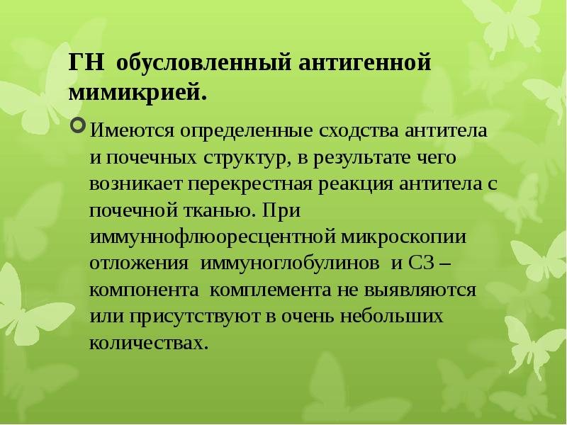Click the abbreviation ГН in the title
(86, 62)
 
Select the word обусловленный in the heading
(204, 62)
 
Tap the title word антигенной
(365, 62)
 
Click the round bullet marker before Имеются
(79, 125)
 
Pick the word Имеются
(132, 130)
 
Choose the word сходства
(359, 131)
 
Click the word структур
(247, 157)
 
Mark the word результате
(361, 158)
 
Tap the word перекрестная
(250, 184)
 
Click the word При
(281, 210)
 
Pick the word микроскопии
(403, 237)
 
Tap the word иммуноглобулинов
(290, 263)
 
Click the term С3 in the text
(422, 263)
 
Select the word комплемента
(270, 290)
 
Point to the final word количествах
(149, 343)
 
